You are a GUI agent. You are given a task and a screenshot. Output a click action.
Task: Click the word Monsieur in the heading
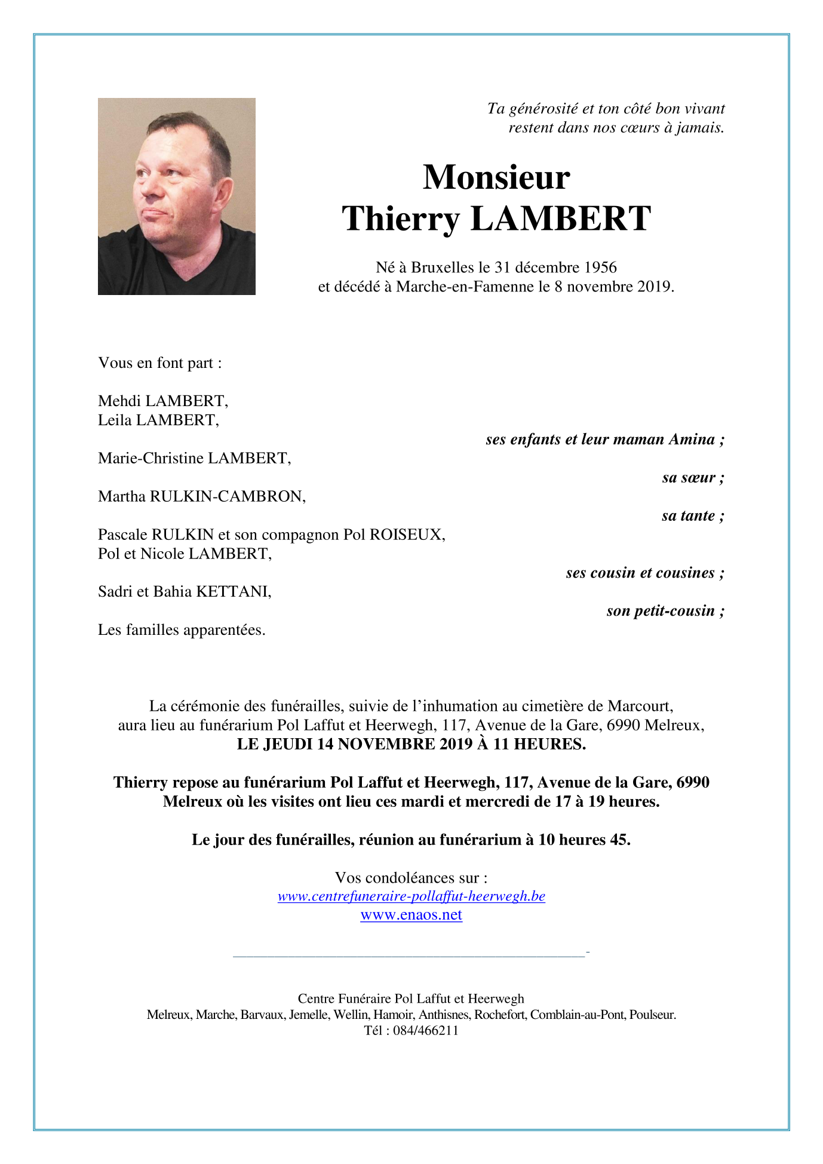(x=496, y=177)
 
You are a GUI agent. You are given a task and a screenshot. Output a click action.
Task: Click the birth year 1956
(x=600, y=268)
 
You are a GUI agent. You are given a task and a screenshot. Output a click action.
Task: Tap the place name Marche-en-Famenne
(x=465, y=287)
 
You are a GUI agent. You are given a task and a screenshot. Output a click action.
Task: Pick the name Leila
(x=115, y=420)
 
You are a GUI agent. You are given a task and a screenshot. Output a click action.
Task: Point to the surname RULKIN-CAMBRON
(x=227, y=496)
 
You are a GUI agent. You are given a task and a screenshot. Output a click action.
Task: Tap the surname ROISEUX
(x=407, y=535)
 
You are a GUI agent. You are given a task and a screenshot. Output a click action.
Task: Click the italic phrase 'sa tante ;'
(x=693, y=515)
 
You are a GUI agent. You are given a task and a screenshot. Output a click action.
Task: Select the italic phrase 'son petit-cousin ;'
(x=665, y=611)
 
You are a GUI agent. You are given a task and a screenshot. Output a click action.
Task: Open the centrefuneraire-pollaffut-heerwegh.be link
(x=411, y=896)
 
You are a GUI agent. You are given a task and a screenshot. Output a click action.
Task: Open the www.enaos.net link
(x=411, y=915)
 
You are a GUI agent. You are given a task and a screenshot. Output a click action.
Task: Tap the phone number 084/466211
(x=425, y=1030)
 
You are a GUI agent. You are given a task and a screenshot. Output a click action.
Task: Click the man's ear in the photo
(x=222, y=195)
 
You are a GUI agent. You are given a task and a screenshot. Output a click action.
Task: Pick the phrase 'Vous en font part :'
(x=160, y=363)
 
